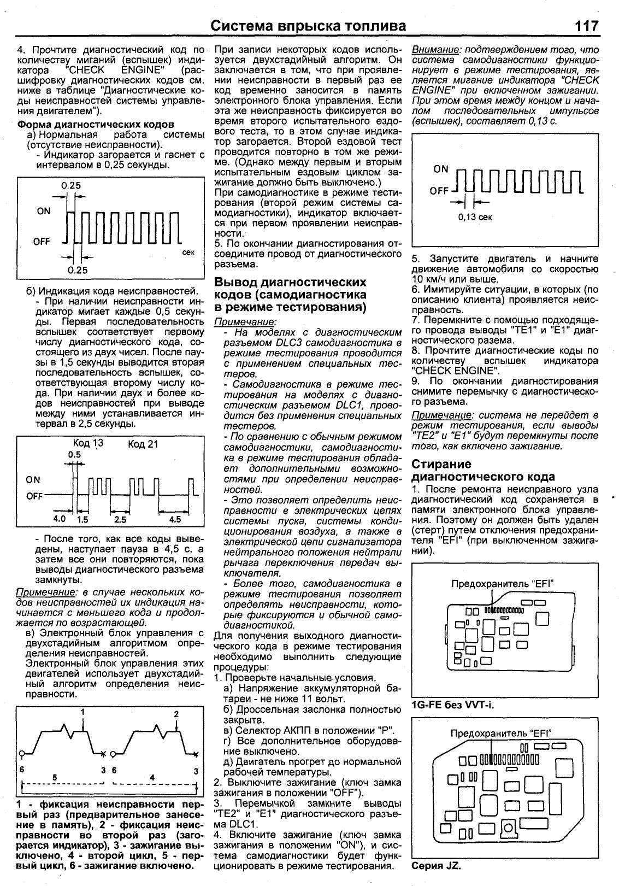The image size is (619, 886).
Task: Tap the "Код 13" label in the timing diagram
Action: click(87, 443)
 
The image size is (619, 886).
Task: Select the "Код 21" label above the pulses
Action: click(143, 444)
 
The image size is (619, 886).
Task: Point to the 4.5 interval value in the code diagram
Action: click(175, 519)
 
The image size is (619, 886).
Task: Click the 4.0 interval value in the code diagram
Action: click(59, 518)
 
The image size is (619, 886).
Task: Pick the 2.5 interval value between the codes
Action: click(120, 519)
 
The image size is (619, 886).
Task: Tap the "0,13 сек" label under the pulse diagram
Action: click(475, 217)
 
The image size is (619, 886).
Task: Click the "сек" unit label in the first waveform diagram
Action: click(188, 253)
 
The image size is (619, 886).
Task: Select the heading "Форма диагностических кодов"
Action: click(96, 125)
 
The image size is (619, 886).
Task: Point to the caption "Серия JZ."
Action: click(436, 866)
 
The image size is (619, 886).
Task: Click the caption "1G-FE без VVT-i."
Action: click(452, 705)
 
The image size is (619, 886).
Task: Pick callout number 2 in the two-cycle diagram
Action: click(176, 714)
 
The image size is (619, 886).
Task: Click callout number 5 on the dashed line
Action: click(54, 777)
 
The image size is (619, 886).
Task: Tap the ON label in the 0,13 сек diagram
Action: click(441, 169)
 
